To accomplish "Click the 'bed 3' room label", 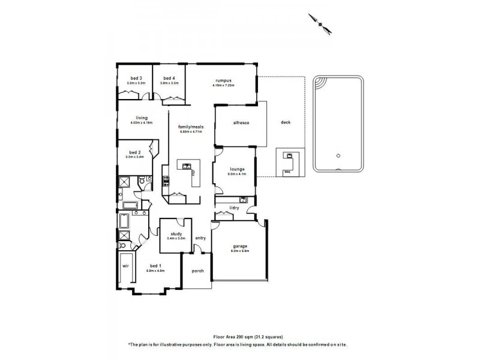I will point(136,78).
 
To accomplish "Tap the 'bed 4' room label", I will point(169,78).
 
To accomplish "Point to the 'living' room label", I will point(142,118).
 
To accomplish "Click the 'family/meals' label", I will point(191,127).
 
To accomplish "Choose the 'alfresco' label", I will point(241,122).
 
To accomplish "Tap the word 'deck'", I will point(286,122).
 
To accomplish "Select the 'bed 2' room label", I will point(134,152).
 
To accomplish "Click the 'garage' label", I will point(240,246).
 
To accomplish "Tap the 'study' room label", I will point(176,234).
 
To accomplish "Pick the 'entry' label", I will point(200,238).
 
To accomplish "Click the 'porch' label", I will point(197,271).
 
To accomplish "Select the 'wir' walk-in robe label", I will point(125,265).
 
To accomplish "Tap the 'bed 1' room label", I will point(155,266).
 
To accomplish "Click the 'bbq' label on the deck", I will point(287,171).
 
